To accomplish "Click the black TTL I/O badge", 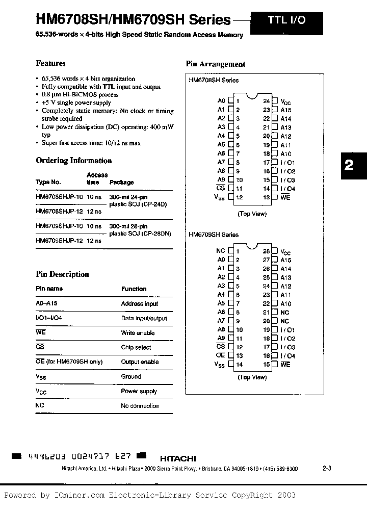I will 286,21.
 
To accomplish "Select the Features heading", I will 50,64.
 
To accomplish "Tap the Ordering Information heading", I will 73,161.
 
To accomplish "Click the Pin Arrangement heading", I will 215,64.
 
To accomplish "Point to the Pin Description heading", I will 62,274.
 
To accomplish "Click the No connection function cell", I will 140,406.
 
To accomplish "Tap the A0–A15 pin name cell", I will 47,304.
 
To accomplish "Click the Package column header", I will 122,183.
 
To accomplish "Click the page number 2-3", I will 327,469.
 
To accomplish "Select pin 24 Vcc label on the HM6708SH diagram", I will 285,102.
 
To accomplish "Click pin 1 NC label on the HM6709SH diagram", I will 220,251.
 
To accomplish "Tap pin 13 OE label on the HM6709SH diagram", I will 220,355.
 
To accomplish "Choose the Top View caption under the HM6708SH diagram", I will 252,214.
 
